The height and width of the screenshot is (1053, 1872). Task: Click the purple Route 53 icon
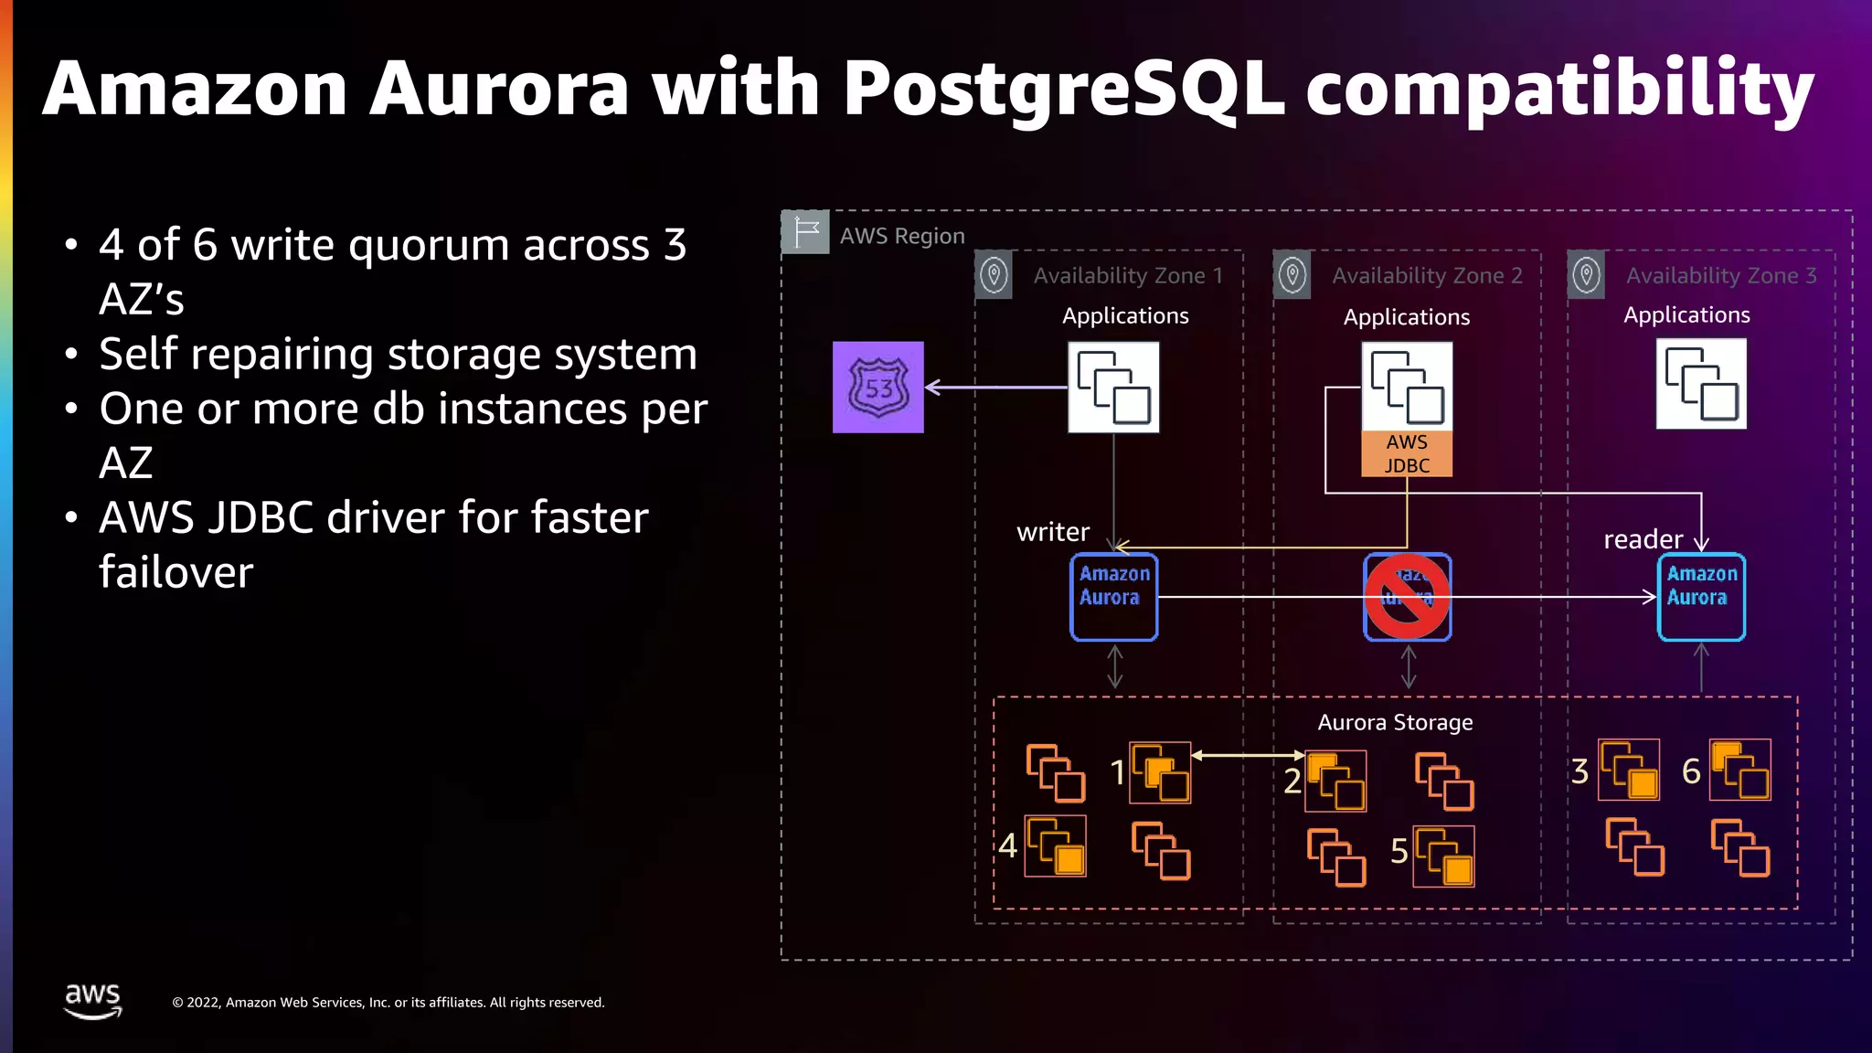(x=877, y=387)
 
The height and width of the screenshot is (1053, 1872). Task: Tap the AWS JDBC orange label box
(x=1406, y=454)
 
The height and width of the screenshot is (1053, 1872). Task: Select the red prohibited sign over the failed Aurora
(x=1407, y=597)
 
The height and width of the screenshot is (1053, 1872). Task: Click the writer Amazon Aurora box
(x=1113, y=597)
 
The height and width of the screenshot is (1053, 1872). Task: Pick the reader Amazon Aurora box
(x=1701, y=597)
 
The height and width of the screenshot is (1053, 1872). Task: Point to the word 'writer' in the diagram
(x=1053, y=532)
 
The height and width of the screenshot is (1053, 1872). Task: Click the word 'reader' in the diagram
(x=1643, y=539)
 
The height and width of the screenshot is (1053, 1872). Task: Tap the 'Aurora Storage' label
(x=1395, y=722)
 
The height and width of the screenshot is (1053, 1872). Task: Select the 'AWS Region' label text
(x=902, y=236)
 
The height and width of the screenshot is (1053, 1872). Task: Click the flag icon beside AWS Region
(x=805, y=232)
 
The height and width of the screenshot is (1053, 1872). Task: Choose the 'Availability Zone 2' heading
(x=1427, y=275)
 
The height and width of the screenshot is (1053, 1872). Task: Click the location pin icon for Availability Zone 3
(x=1586, y=274)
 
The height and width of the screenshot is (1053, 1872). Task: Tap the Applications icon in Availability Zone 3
(x=1701, y=384)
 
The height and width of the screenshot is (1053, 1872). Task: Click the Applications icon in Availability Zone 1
(x=1113, y=387)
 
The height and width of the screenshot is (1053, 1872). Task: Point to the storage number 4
(x=1007, y=846)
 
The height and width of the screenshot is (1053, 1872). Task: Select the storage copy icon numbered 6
(x=1739, y=770)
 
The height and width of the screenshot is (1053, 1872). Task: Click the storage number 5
(x=1399, y=852)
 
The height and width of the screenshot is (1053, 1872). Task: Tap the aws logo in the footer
(x=92, y=1000)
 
